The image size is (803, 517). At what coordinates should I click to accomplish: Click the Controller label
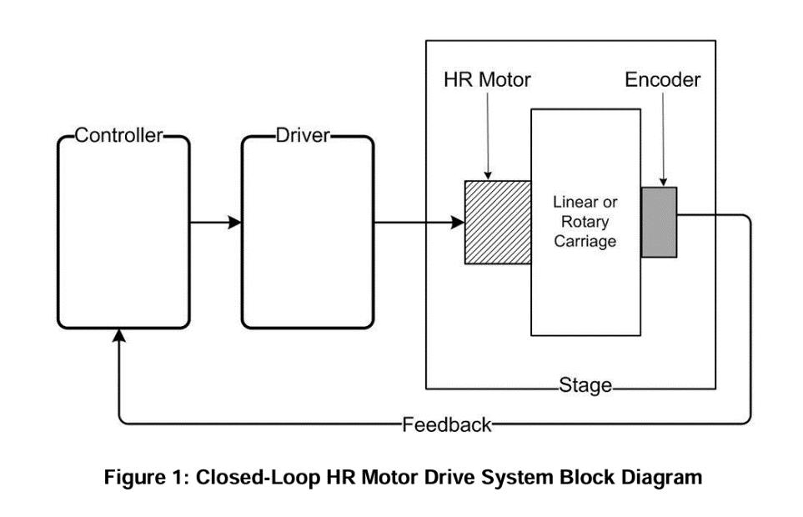click(118, 135)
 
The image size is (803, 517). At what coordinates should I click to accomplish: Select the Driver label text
click(303, 135)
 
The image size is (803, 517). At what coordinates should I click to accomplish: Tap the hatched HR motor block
click(498, 223)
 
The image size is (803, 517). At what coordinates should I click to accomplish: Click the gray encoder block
click(659, 222)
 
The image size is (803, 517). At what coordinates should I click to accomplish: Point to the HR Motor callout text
click(487, 80)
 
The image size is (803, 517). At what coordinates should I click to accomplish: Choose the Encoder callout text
click(663, 80)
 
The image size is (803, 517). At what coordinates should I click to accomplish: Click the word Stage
click(585, 385)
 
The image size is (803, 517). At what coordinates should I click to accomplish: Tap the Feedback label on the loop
click(447, 425)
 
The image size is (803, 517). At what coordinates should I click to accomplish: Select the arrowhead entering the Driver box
click(234, 222)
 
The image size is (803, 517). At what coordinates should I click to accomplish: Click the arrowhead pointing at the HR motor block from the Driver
click(457, 222)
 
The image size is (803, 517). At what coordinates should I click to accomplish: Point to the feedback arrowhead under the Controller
click(118, 335)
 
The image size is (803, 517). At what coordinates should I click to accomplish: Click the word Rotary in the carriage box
click(585, 222)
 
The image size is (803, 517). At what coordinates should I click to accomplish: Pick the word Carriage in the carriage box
click(585, 241)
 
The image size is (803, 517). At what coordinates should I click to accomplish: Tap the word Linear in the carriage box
click(571, 202)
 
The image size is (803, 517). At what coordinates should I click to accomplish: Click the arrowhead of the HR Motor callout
click(488, 176)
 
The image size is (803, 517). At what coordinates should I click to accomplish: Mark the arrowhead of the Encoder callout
click(663, 183)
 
